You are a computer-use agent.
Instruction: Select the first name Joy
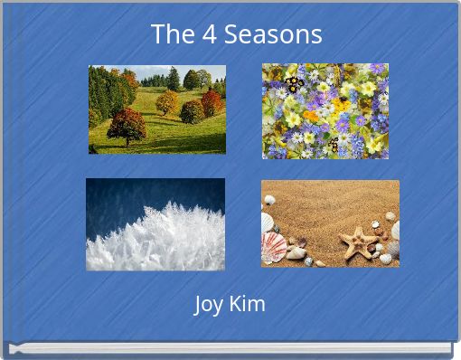pyautogui.click(x=210, y=305)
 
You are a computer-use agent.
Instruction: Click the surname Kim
pyautogui.click(x=248, y=304)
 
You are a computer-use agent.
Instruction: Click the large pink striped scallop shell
pyautogui.click(x=274, y=245)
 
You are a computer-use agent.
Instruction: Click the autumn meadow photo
pyautogui.click(x=156, y=109)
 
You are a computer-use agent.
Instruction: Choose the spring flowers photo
pyautogui.click(x=325, y=110)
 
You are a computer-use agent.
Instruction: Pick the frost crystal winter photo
pyautogui.click(x=155, y=223)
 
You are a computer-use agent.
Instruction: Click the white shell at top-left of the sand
pyautogui.click(x=269, y=200)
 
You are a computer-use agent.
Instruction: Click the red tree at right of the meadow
pyautogui.click(x=212, y=103)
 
